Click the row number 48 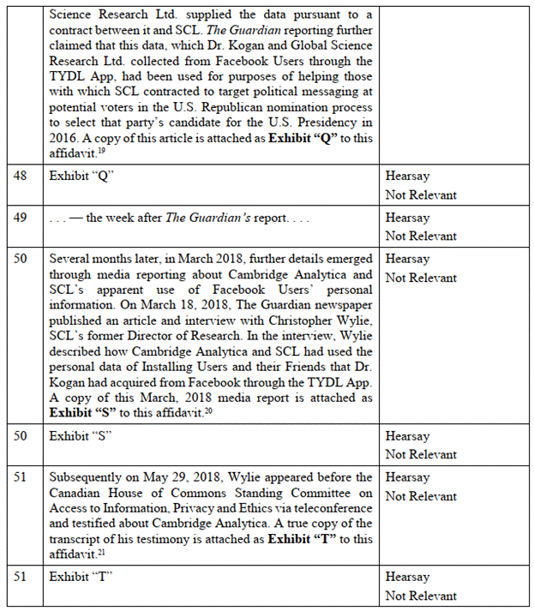point(22,176)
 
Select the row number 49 point(22,218)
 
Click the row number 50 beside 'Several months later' point(22,259)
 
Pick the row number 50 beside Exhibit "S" point(22,436)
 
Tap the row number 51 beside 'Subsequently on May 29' point(22,477)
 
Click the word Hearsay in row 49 point(407,218)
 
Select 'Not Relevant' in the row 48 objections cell point(421,195)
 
